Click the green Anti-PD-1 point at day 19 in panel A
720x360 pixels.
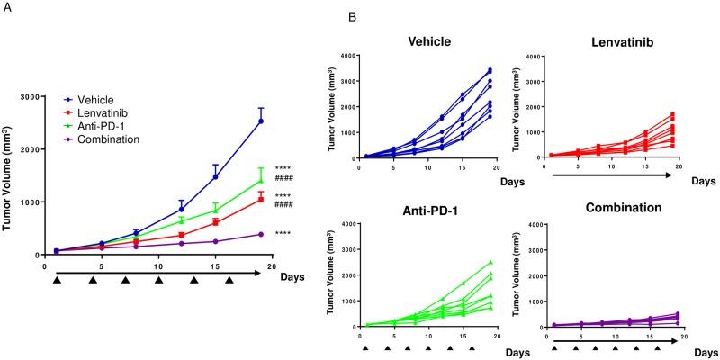tap(261, 181)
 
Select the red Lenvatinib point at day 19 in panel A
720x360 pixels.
tap(261, 199)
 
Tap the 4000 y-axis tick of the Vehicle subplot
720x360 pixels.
tap(346, 56)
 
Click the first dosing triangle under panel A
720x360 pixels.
tap(56, 280)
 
